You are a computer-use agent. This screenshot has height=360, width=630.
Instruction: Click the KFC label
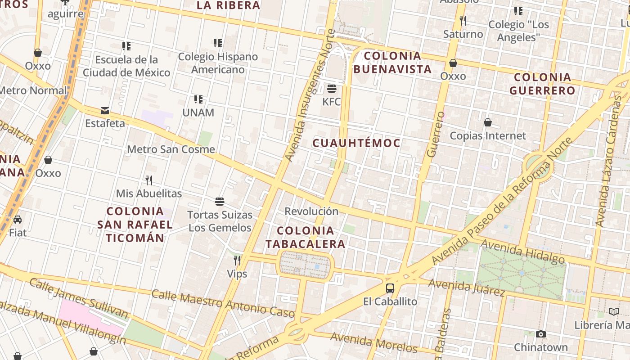(x=332, y=102)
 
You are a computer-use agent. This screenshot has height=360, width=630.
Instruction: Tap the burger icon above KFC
(x=332, y=88)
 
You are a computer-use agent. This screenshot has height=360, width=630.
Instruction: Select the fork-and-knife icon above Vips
(x=237, y=260)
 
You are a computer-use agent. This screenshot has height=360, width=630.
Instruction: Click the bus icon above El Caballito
(x=390, y=288)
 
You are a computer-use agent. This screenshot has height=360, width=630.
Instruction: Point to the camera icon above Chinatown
(x=541, y=334)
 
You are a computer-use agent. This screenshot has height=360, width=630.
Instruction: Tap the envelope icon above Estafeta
(x=105, y=111)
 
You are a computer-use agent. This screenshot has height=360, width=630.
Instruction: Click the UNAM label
(x=198, y=112)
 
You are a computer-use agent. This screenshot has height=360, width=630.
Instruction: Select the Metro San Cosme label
(x=171, y=149)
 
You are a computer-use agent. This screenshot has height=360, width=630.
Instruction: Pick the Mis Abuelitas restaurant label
(x=149, y=193)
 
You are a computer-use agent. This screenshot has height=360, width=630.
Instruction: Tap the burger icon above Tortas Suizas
(x=220, y=201)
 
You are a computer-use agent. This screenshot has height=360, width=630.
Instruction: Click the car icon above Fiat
(x=18, y=220)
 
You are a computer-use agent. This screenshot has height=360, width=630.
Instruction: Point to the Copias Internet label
(x=488, y=135)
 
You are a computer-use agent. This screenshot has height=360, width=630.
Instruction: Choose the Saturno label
(x=463, y=34)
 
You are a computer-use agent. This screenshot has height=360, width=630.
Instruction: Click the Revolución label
(x=311, y=211)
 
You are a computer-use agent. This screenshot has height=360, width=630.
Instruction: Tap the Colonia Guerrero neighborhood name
(x=542, y=84)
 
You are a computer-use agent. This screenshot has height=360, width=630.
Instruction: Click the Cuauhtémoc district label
(x=356, y=143)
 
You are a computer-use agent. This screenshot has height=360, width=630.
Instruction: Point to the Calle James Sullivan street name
(x=79, y=298)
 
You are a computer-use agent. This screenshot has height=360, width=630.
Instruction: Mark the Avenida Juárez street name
(x=466, y=287)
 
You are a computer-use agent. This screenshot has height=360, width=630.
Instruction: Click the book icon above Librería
(x=614, y=311)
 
